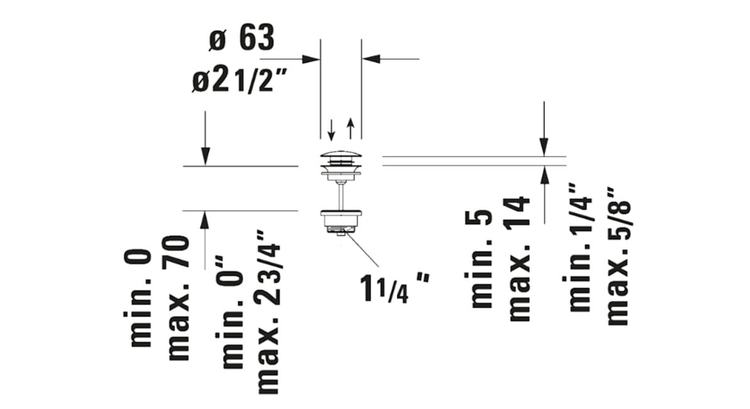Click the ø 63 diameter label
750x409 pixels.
[241, 38]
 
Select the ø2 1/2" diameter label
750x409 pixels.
[235, 80]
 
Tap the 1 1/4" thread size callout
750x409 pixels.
[395, 288]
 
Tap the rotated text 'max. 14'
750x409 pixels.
[519, 259]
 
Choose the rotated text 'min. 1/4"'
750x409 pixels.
[579, 247]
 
